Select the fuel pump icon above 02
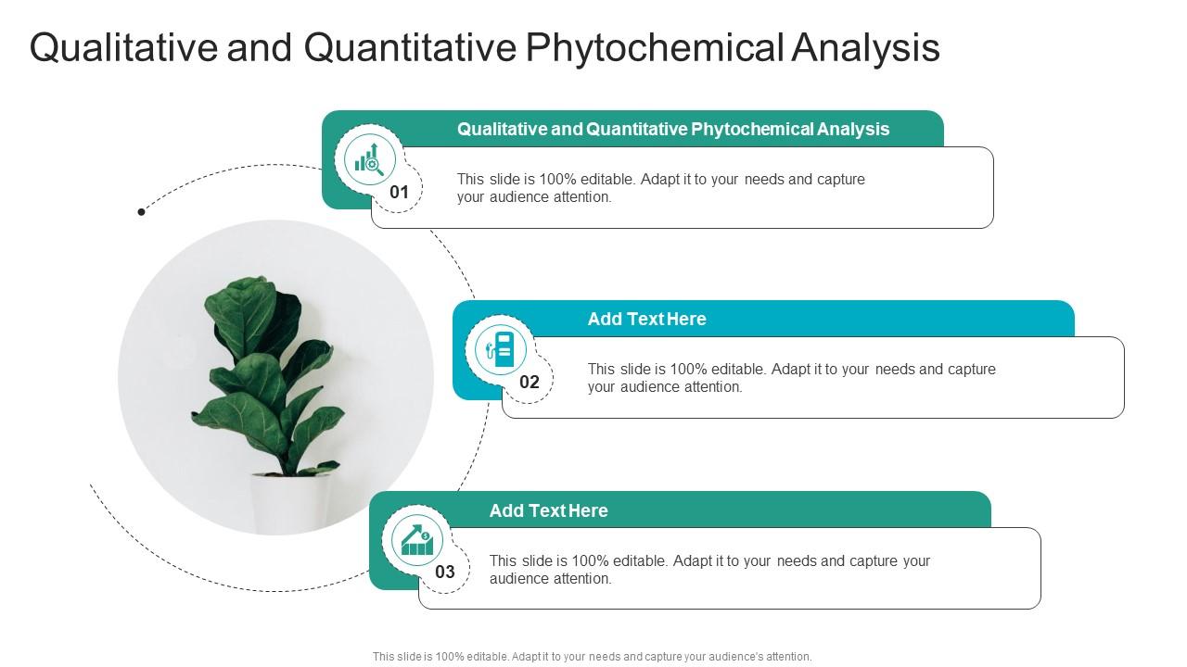(x=501, y=349)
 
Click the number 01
(x=399, y=193)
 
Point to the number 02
(x=530, y=383)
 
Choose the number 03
(x=445, y=573)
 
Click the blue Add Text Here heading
(x=646, y=320)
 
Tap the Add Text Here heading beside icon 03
(x=548, y=510)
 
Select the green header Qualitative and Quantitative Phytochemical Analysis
(x=672, y=130)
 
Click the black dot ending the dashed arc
(x=141, y=212)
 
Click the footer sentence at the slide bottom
(x=592, y=656)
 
